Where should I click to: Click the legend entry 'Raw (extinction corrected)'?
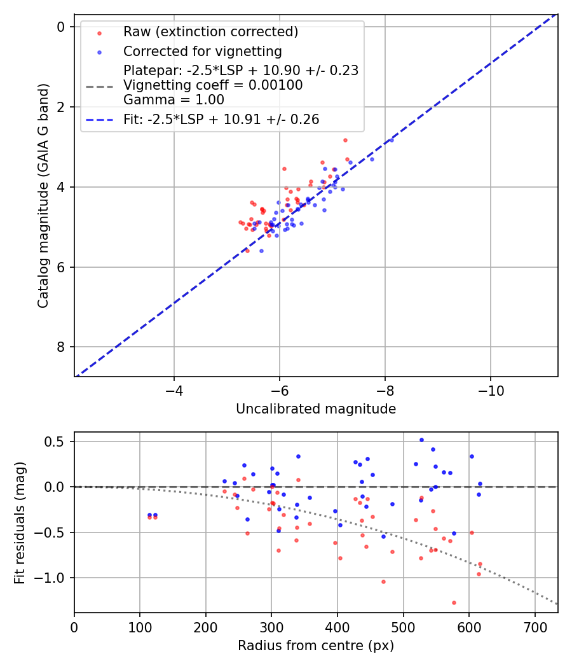pyautogui.click(x=210, y=32)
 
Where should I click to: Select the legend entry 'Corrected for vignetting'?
pyautogui.click(x=202, y=51)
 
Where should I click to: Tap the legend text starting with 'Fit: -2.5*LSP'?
pyautogui.click(x=221, y=119)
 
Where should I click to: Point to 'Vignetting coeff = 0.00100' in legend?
pyautogui.click(x=213, y=85)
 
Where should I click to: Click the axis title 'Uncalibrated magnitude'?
pyautogui.click(x=316, y=409)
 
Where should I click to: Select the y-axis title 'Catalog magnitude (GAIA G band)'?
pyautogui.click(x=43, y=195)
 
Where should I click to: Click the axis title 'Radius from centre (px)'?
pyautogui.click(x=316, y=646)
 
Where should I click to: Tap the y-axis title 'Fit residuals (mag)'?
pyautogui.click(x=20, y=522)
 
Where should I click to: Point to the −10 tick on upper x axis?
pyautogui.click(x=490, y=389)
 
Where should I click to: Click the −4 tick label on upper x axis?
pyautogui.click(x=174, y=389)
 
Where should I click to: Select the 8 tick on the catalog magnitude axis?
pyautogui.click(x=61, y=347)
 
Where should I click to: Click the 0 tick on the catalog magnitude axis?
pyautogui.click(x=61, y=27)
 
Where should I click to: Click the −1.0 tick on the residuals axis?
pyautogui.click(x=54, y=578)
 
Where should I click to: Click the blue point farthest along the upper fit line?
pyautogui.click(x=392, y=139)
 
